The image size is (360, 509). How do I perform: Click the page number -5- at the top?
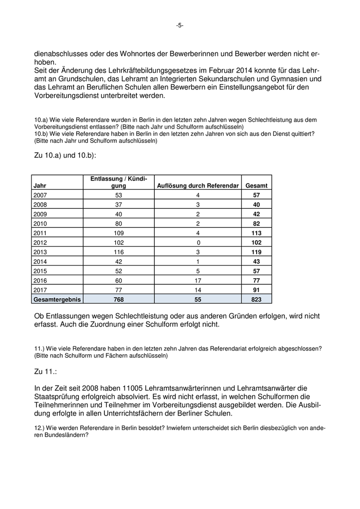(179, 25)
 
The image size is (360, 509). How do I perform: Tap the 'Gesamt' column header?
(257, 186)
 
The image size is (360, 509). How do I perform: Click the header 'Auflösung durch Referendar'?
(197, 186)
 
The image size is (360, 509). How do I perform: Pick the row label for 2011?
(40, 233)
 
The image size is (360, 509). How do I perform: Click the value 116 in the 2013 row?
(119, 252)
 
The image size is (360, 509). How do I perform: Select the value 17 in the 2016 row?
(197, 280)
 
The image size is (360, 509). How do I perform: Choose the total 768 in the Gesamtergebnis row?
(119, 299)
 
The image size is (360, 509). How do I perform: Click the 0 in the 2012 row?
(197, 243)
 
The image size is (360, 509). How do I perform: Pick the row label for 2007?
(40, 195)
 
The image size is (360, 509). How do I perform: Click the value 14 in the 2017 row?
(197, 289)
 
